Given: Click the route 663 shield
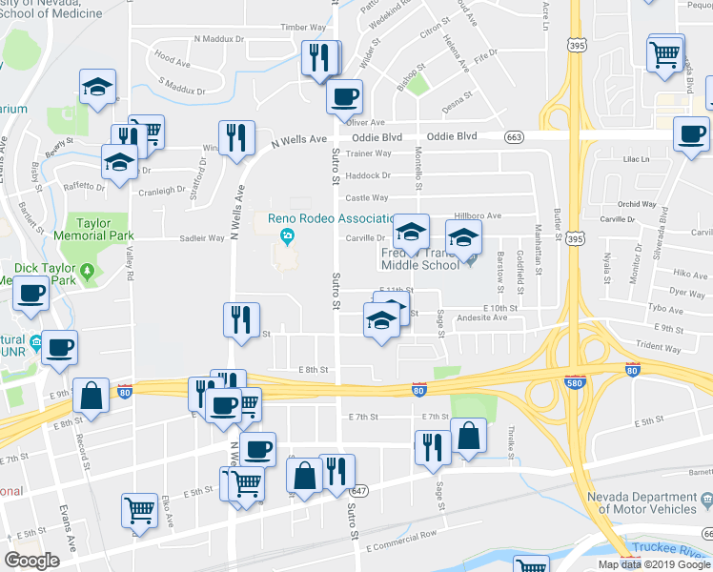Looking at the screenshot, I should [515, 136].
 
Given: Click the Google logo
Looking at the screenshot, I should [31, 561].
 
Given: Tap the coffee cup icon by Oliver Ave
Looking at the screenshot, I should [344, 95].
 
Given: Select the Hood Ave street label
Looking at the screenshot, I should [172, 59].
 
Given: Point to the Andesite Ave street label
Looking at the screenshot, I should [480, 317].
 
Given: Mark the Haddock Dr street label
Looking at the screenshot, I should [368, 175].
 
